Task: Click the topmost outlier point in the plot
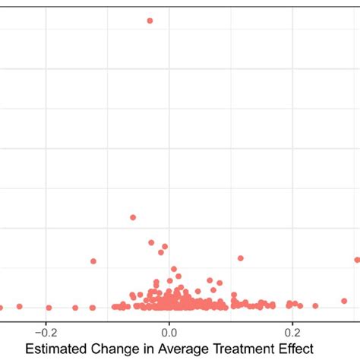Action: (150, 21)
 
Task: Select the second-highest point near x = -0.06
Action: (133, 217)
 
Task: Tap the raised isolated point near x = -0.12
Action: (93, 261)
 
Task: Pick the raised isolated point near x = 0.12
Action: (241, 258)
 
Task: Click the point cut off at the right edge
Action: (357, 260)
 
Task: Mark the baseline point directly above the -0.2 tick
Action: (49, 308)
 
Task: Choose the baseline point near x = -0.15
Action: (75, 308)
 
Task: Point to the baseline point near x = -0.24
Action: (20, 306)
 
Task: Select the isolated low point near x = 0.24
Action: (316, 306)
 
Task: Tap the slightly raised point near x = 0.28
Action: (343, 301)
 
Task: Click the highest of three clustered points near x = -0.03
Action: (151, 242)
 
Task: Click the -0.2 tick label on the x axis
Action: (46, 332)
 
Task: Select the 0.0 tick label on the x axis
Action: (169, 332)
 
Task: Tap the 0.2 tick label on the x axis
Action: (292, 332)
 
